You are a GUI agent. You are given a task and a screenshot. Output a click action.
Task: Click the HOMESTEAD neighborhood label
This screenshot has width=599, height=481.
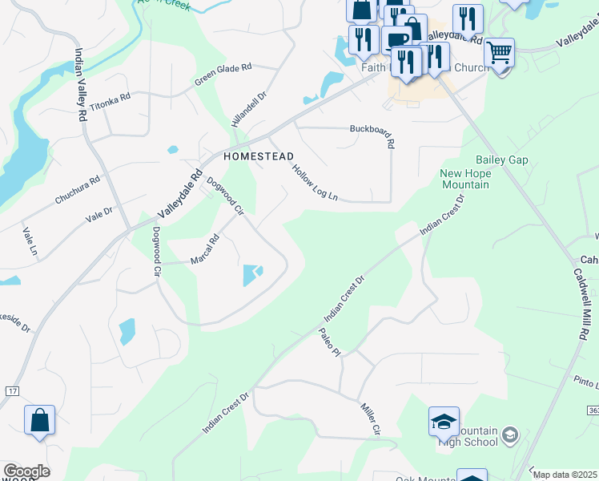click(x=258, y=156)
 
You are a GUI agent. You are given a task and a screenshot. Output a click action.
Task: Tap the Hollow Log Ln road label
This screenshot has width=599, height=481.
click(x=316, y=183)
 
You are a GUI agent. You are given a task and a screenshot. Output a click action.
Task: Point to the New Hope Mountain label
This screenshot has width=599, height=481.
click(x=464, y=179)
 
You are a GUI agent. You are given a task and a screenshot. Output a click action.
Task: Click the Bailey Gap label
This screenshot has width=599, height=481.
click(x=502, y=160)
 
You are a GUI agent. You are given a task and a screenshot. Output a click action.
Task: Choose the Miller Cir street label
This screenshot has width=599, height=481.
click(x=371, y=418)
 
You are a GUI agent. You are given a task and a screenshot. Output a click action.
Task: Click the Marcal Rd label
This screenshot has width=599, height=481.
click(x=204, y=250)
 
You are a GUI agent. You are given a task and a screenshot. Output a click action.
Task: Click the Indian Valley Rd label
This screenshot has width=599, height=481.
click(x=81, y=84)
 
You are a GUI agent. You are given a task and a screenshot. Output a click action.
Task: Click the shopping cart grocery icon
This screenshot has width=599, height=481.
click(x=499, y=53)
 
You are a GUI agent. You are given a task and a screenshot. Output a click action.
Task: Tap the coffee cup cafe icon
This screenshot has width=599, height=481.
click(x=396, y=40)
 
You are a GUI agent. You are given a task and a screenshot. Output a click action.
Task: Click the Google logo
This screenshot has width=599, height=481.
click(x=26, y=471)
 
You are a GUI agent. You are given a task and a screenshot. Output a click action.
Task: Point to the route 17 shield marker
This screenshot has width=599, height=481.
click(x=10, y=390)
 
